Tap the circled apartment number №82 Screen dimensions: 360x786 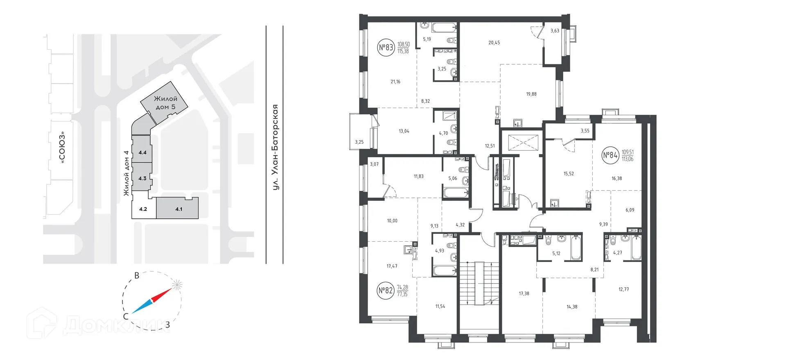click(x=386, y=291)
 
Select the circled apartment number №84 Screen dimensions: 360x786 click(x=610, y=155)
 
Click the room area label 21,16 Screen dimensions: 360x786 click(x=395, y=82)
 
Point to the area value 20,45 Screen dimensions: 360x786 click(x=494, y=43)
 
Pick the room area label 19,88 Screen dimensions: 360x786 click(x=531, y=94)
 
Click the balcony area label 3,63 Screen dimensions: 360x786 click(x=555, y=31)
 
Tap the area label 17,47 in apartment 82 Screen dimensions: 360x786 click(x=392, y=266)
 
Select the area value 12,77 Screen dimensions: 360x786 click(x=623, y=290)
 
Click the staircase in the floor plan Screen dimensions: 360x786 click(x=479, y=283)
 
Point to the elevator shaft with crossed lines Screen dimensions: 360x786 click(x=519, y=142)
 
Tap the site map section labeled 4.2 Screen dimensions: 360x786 click(x=143, y=209)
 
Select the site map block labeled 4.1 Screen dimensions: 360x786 click(x=178, y=209)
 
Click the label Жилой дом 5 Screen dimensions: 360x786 click(x=165, y=103)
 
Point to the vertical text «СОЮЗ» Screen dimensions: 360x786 click(x=63, y=147)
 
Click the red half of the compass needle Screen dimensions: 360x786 click(x=162, y=295)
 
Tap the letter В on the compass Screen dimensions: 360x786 click(x=137, y=276)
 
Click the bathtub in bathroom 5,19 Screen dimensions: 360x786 click(x=444, y=28)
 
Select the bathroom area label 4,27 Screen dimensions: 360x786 click(x=617, y=253)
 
